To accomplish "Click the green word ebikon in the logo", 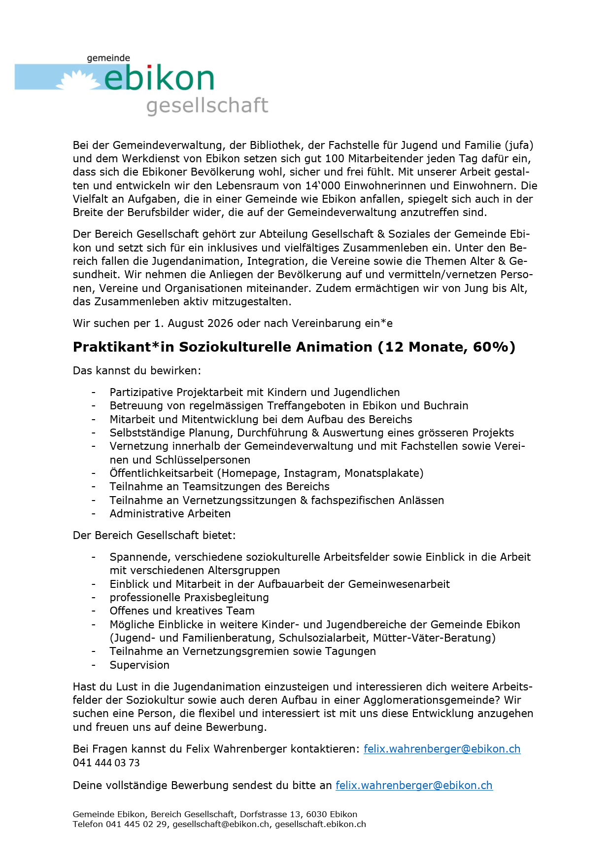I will pyautogui.click(x=159, y=78).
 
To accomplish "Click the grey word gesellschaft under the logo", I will pyautogui.click(x=207, y=106).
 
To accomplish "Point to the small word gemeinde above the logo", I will pyautogui.click(x=108, y=58).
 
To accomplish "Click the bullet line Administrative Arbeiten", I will pyautogui.click(x=170, y=514).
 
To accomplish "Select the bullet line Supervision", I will pyautogui.click(x=139, y=665).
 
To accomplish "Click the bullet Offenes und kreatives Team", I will pyautogui.click(x=182, y=611).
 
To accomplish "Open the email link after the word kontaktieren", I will pyautogui.click(x=441, y=749).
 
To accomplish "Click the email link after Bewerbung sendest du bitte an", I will pyautogui.click(x=414, y=786).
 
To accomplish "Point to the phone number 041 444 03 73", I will pyautogui.click(x=106, y=763).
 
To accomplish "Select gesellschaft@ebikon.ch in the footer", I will pyautogui.click(x=221, y=824).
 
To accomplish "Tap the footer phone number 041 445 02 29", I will pyautogui.click(x=136, y=824).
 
